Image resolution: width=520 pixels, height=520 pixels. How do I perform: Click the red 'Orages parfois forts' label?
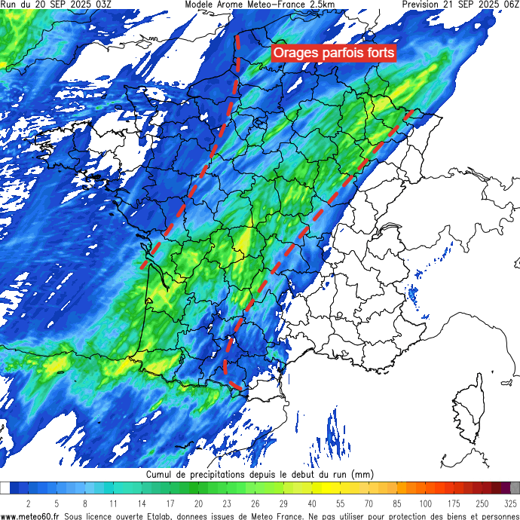tap(332, 53)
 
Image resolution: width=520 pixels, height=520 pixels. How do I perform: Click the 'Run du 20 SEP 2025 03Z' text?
tap(56, 5)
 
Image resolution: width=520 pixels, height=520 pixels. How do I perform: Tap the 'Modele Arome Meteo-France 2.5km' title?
tap(260, 5)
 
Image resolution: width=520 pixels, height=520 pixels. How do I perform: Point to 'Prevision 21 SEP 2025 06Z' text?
tap(460, 5)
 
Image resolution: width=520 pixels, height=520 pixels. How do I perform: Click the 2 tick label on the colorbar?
tap(29, 503)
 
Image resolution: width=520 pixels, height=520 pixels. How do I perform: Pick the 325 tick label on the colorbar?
tap(510, 503)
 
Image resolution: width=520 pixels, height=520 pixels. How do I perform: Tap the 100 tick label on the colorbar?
tap(426, 503)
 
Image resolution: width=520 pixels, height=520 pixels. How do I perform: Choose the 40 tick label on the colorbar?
tap(312, 503)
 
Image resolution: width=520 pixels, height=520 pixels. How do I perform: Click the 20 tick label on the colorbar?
tap(198, 503)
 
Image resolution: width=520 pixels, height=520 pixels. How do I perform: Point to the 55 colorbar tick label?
tap(341, 503)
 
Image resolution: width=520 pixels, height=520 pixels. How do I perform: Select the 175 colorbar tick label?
tap(454, 503)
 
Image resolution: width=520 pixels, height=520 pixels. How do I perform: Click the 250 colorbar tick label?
tap(482, 503)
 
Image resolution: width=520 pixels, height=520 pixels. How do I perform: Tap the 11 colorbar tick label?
tap(113, 503)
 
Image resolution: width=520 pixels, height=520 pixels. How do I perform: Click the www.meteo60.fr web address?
tap(31, 515)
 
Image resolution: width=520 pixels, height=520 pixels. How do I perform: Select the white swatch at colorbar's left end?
tap(5, 488)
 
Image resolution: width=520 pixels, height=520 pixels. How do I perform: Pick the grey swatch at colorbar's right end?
tap(515, 488)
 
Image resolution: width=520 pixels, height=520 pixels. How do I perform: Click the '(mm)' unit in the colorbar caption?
tap(362, 476)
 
